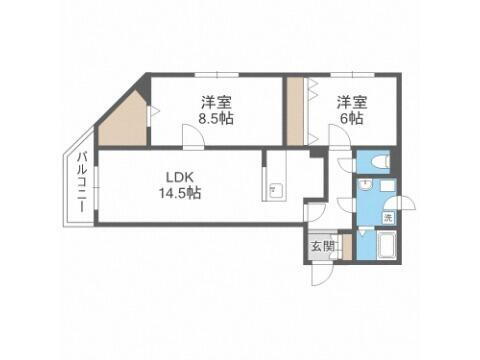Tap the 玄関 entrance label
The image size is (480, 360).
[x=322, y=246]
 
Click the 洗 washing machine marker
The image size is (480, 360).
[x=388, y=217]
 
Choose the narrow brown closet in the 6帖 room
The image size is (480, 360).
[x=295, y=110]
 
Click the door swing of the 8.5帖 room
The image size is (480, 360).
[x=191, y=140]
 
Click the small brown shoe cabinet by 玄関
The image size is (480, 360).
[x=347, y=248]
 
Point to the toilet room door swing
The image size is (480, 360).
[x=345, y=166]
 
